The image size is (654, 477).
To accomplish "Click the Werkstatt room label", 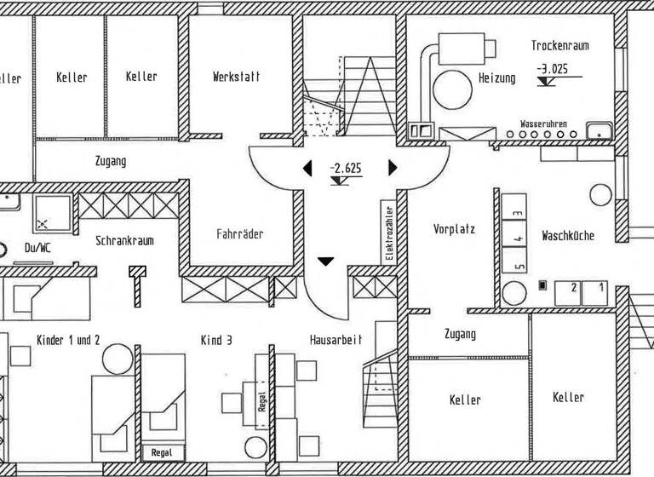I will coord(237,77).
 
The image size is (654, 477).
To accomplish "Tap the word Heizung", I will coord(496,78).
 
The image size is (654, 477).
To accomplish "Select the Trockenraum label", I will coord(559,46).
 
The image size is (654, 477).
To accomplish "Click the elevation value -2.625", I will coord(346,168).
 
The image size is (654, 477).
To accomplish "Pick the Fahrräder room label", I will coord(239,234).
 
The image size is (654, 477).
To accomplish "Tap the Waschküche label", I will coord(568,236).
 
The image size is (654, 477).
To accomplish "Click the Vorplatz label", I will coord(454,229).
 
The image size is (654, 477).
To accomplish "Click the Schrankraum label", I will coord(124,241).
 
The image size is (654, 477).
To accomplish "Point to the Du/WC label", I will coord(38,248).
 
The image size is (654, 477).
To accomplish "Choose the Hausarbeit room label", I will coord(336,340).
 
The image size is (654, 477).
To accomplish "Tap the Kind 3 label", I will coord(216,340).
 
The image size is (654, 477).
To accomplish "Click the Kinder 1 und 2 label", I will coord(68,340).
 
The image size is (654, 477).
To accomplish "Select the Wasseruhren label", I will coord(543,124).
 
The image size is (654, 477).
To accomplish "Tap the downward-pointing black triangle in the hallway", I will coord(325,261).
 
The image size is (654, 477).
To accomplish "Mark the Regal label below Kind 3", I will coord(160,453).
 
